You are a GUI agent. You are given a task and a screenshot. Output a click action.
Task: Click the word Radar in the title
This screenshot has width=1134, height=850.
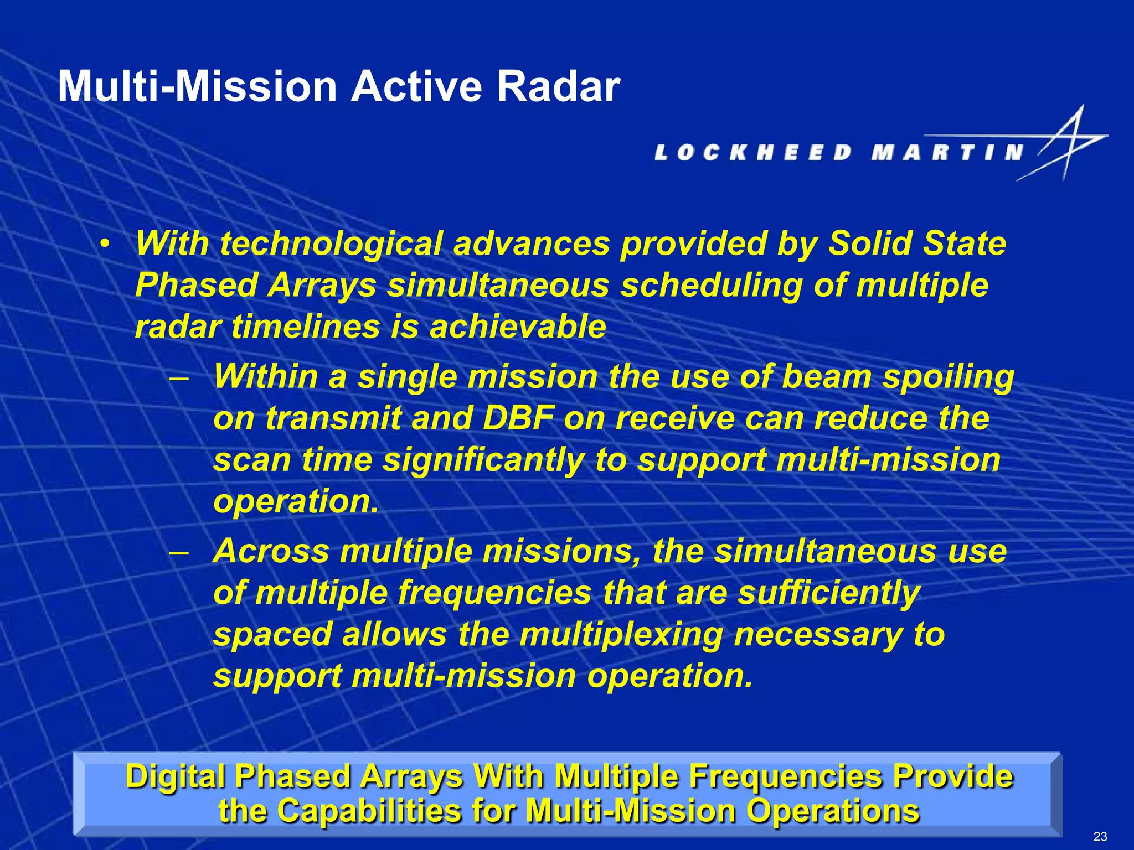coord(558,87)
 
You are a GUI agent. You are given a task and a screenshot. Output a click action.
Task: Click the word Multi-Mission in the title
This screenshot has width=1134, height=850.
coord(197,87)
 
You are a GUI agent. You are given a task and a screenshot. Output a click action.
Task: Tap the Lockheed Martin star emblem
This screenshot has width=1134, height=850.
coord(1066,144)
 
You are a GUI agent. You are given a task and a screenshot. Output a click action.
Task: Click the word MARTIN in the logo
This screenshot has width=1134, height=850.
coord(947,152)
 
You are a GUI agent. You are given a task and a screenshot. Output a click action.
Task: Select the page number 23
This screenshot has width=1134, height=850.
coord(1100,836)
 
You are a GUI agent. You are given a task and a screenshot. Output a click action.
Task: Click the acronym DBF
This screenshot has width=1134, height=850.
coord(518,418)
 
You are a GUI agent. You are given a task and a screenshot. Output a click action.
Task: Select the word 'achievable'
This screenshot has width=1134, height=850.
coord(518,327)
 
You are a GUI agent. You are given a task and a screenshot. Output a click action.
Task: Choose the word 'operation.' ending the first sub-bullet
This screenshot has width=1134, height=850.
coord(296,502)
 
